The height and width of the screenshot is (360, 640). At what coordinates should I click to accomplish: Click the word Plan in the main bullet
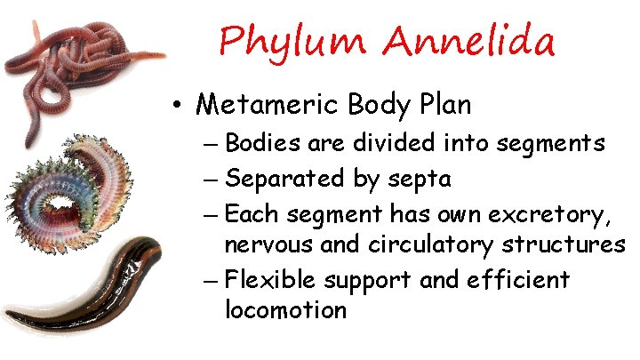click(x=442, y=104)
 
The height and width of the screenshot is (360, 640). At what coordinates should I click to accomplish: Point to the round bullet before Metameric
click(x=179, y=106)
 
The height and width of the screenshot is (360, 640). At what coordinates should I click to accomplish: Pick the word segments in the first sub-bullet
click(x=558, y=143)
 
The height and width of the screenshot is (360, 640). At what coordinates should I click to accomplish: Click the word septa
click(x=420, y=180)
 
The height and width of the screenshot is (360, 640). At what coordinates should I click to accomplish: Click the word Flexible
click(x=271, y=280)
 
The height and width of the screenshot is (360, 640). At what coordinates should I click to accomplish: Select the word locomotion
click(x=285, y=310)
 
